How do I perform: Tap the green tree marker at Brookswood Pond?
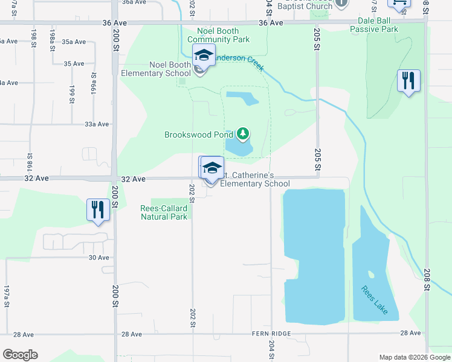click(x=243, y=133)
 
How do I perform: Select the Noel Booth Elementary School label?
click(x=156, y=69)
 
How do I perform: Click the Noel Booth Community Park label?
click(x=218, y=35)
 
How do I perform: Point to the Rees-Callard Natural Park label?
click(x=164, y=212)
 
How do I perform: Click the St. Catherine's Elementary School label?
click(x=254, y=180)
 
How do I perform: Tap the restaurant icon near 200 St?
click(x=97, y=209)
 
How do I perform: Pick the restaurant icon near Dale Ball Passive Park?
click(x=408, y=80)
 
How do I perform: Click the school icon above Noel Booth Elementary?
click(x=204, y=56)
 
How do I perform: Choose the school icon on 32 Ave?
click(x=211, y=168)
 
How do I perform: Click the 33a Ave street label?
click(x=97, y=124)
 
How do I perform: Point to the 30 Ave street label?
click(x=98, y=258)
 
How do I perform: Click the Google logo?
click(x=20, y=355)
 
